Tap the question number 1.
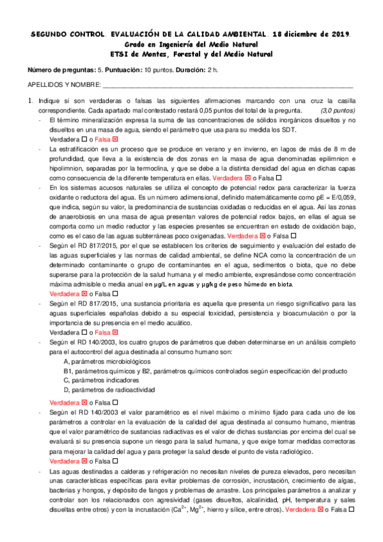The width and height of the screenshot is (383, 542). [x=29, y=101]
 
